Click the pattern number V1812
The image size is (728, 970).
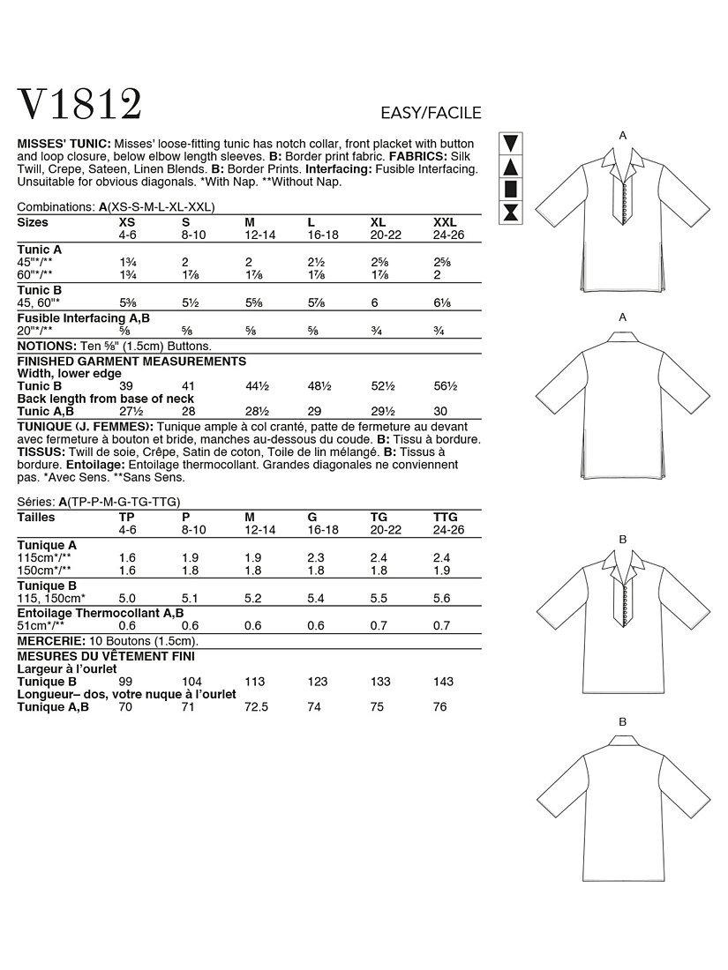tap(80, 106)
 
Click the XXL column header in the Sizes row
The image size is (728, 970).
tap(446, 223)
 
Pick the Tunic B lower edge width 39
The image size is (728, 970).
tap(126, 386)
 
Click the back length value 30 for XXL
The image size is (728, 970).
tap(440, 411)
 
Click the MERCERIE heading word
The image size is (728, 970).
tap(49, 642)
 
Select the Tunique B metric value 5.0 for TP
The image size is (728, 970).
tap(127, 597)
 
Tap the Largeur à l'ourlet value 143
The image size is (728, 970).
tap(442, 682)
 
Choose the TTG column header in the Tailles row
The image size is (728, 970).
tap(446, 518)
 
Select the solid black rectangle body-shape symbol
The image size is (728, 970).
tap(511, 189)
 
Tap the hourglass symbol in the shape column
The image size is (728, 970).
tap(511, 212)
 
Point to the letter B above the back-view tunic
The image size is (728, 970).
tap(622, 722)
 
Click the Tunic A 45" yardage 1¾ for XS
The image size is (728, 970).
tap(126, 263)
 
